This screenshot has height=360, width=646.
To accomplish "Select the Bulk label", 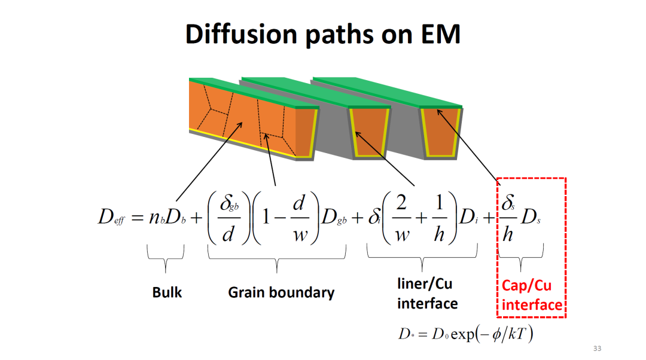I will [167, 292].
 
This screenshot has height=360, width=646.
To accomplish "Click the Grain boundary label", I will [281, 292].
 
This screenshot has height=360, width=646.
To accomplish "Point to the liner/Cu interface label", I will [428, 293].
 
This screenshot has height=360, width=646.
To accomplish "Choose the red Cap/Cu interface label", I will [532, 295].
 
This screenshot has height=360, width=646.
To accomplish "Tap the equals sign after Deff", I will [139, 218].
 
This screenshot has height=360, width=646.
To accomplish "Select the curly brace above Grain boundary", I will [277, 257].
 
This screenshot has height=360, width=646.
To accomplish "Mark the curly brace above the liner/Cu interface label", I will [422, 257].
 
